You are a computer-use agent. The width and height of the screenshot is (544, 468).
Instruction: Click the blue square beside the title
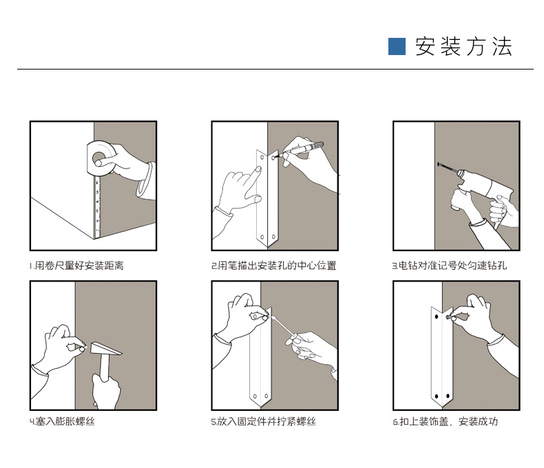(x=397, y=46)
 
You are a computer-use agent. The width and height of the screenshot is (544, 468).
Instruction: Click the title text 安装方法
(x=463, y=46)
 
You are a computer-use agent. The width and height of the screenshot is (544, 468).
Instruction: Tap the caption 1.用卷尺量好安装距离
(x=76, y=266)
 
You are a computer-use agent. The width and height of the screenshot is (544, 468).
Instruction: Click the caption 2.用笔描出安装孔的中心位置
(x=274, y=266)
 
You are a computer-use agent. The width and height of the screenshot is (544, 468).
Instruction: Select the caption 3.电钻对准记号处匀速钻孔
(x=450, y=266)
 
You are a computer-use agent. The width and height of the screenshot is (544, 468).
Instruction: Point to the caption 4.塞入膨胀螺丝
(x=62, y=422)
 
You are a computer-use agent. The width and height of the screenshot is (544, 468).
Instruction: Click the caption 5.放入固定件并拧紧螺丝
(x=263, y=422)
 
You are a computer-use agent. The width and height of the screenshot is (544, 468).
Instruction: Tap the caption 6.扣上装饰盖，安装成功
(x=446, y=422)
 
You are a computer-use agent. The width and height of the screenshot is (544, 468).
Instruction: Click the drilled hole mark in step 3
(x=438, y=164)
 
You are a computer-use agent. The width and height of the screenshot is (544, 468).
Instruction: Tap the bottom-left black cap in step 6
(x=437, y=396)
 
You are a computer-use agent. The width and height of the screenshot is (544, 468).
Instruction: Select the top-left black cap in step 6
(x=437, y=317)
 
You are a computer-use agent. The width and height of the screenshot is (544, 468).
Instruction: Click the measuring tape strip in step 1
(x=98, y=206)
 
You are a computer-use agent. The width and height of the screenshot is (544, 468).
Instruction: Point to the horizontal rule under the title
(x=275, y=69)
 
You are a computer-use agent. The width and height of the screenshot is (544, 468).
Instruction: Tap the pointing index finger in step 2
(x=254, y=178)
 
